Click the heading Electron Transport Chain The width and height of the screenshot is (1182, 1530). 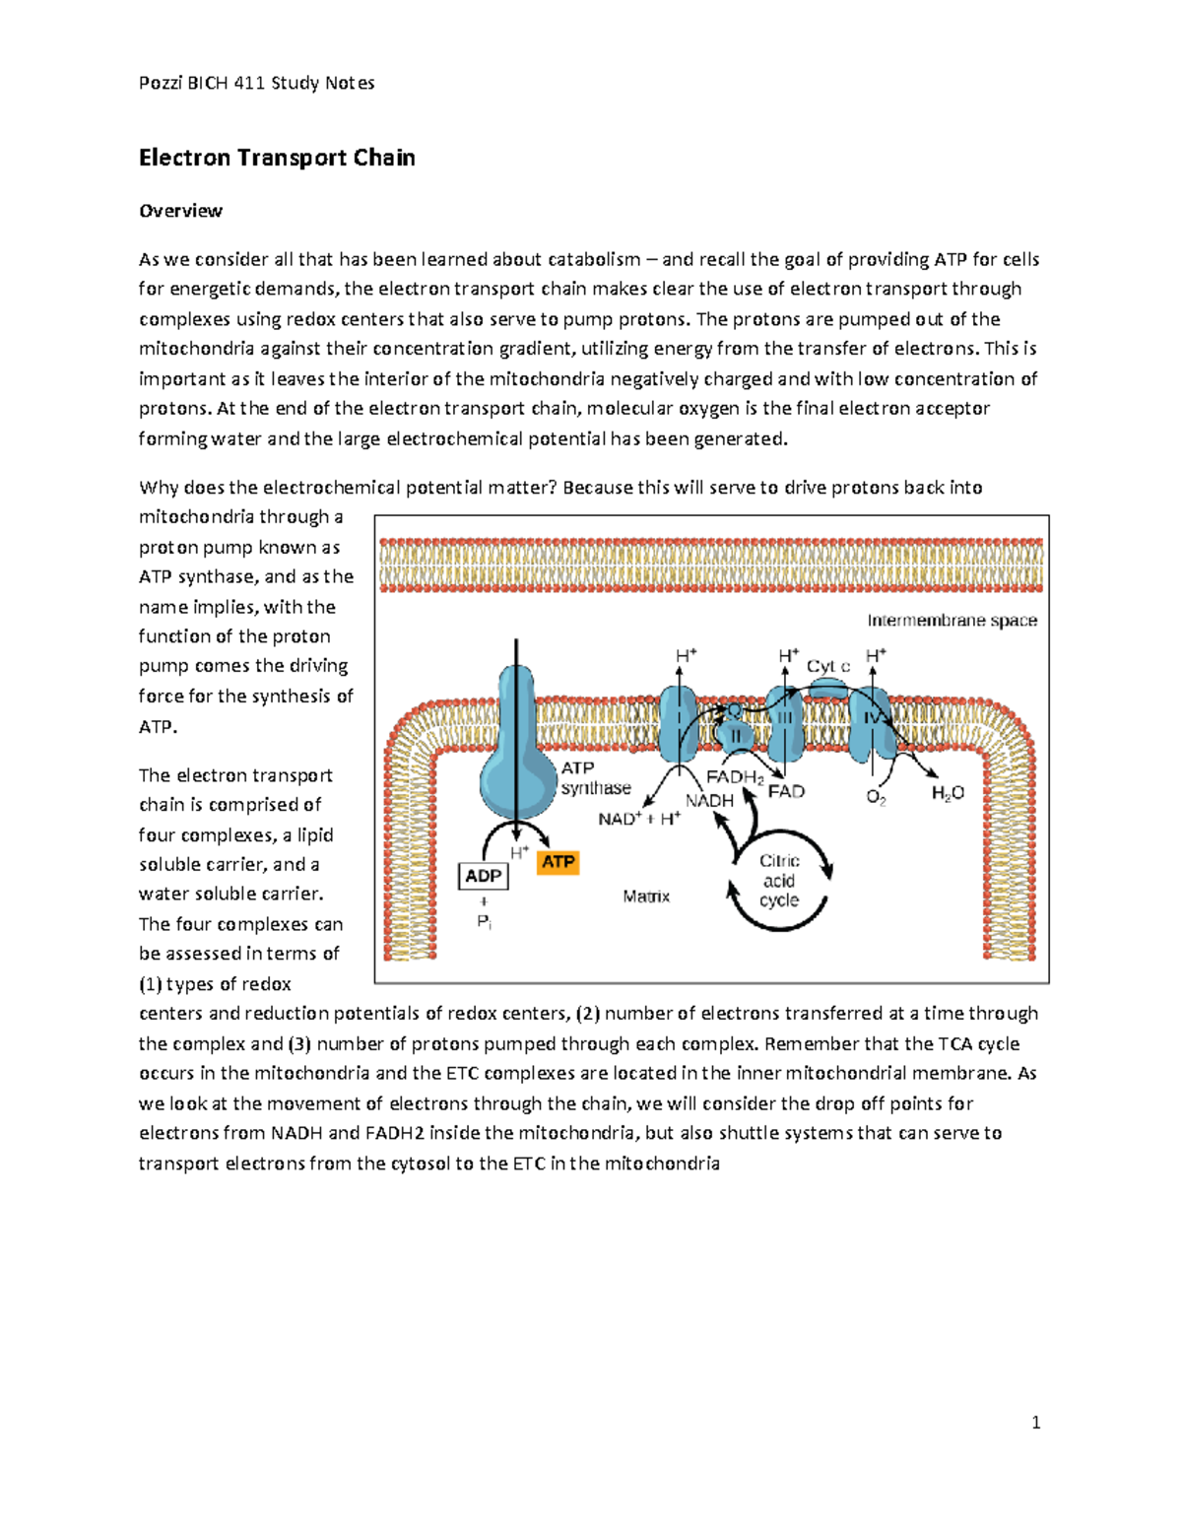click(277, 158)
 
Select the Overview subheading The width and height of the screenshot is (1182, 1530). click(180, 211)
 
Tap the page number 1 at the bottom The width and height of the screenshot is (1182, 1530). click(1035, 1422)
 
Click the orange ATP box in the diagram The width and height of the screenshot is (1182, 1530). click(558, 862)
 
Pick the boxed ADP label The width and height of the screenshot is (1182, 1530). click(484, 876)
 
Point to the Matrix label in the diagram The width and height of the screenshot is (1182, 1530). click(646, 897)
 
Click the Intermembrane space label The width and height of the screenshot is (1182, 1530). click(952, 621)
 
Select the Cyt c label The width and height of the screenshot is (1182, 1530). click(827, 666)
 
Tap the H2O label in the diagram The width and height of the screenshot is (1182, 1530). click(948, 793)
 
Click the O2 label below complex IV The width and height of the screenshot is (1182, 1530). click(876, 797)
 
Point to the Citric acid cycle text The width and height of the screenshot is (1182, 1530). click(779, 881)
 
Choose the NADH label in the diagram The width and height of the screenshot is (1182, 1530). click(709, 801)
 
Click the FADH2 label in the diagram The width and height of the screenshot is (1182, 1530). click(734, 777)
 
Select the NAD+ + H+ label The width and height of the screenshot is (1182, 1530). click(639, 819)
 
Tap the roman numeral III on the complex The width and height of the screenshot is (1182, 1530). click(784, 719)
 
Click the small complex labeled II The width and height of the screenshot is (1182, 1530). click(735, 734)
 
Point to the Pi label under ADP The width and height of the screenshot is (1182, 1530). click(484, 922)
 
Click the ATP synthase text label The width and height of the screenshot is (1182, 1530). click(595, 778)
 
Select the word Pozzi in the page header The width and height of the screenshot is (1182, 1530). click(160, 83)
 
